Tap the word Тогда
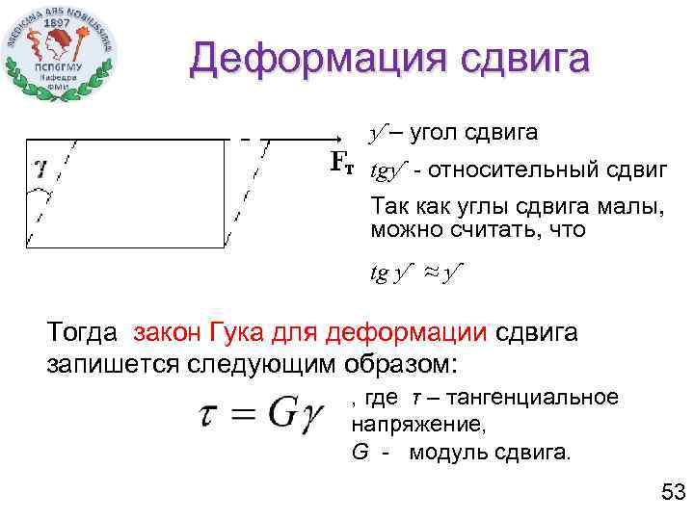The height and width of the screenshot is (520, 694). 85,333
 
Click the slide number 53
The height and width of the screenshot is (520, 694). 671,493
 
